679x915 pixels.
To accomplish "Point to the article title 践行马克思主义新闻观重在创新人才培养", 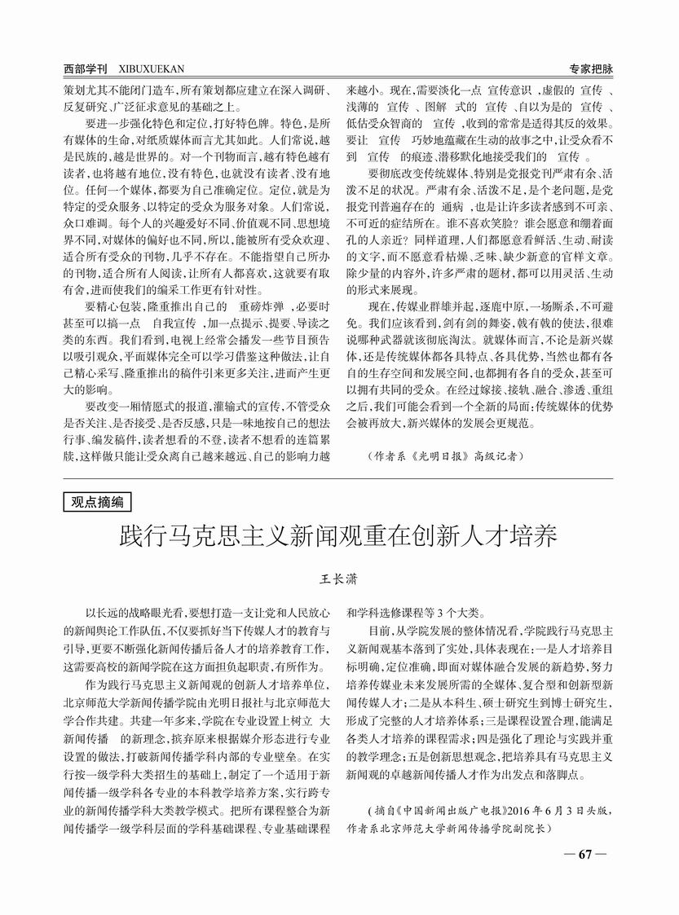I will (338, 537).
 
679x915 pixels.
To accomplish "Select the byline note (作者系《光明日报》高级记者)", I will (444, 456).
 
